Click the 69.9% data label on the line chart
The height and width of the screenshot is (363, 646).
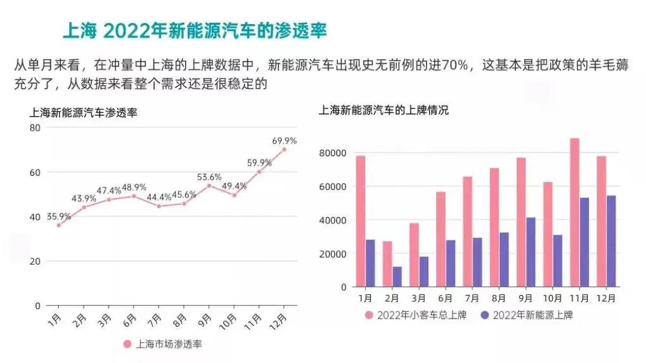(x=285, y=140)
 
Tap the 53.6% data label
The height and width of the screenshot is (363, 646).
(x=209, y=176)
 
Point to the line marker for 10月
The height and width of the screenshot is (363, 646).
(x=234, y=195)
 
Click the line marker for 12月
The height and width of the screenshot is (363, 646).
(x=284, y=149)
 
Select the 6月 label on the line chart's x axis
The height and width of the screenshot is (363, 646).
(x=130, y=319)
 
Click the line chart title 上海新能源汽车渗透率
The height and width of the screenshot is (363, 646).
(x=83, y=113)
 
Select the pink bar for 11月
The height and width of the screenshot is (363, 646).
(x=574, y=213)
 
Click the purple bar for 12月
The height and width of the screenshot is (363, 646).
(x=611, y=241)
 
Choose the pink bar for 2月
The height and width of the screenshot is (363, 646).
(x=387, y=264)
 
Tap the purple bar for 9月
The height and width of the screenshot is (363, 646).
(x=531, y=252)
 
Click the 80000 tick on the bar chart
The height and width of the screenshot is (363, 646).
(x=332, y=153)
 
